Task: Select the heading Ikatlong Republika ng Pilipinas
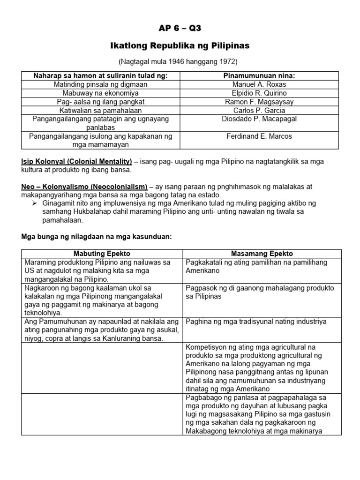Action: (x=180, y=46)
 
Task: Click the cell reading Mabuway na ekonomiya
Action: (x=101, y=93)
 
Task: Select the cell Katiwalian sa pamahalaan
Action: (x=101, y=111)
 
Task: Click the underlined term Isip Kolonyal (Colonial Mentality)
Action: (x=77, y=161)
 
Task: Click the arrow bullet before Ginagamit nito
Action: (x=35, y=203)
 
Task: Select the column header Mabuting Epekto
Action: (x=102, y=254)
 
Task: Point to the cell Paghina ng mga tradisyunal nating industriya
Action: (x=256, y=322)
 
